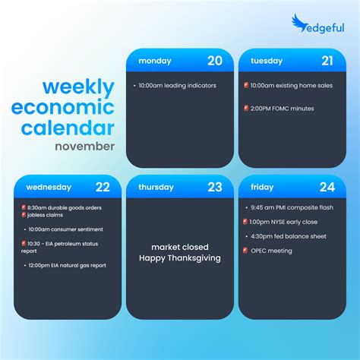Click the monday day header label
click(155, 61)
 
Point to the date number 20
click(215, 61)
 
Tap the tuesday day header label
click(267, 61)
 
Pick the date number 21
click(327, 61)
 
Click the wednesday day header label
click(49, 187)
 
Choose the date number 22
click(102, 187)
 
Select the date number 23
click(215, 187)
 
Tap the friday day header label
click(262, 187)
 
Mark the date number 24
click(327, 187)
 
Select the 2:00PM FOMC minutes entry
click(283, 109)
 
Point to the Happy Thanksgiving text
click(179, 258)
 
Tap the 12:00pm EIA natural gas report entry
click(67, 265)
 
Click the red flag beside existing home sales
click(246, 86)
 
